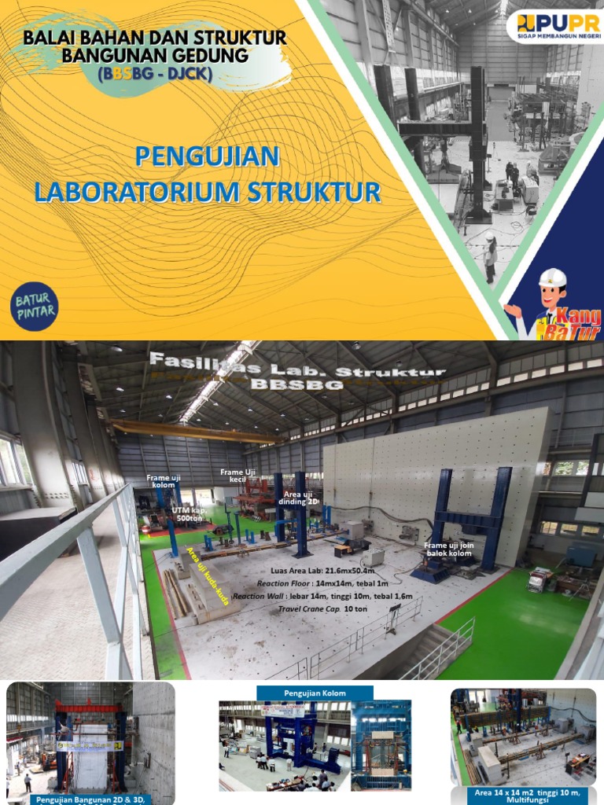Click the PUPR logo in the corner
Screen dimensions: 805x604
552,26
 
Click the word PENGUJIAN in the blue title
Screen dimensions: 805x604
207,156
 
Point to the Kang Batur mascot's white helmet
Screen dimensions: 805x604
553,278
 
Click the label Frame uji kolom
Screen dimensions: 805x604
164,480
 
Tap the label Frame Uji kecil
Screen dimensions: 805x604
234,475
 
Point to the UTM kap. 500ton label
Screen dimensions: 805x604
188,513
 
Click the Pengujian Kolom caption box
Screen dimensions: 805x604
315,693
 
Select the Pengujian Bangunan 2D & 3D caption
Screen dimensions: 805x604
90,799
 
